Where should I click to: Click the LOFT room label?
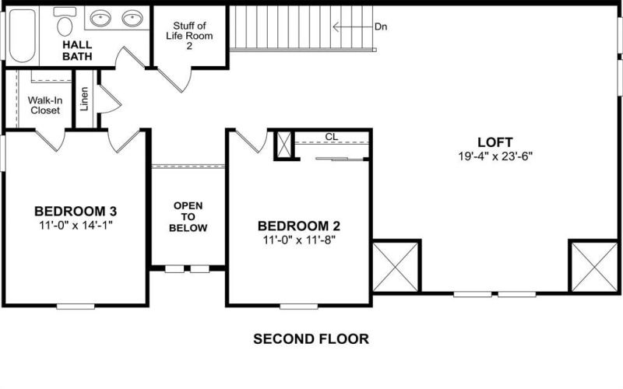495,142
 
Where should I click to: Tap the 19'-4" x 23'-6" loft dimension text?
495,156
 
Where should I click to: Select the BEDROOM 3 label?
76,212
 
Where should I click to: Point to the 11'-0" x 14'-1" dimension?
76,226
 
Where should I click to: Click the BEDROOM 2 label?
299,226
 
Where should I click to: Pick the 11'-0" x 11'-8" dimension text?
299,240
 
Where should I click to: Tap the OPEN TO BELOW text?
189,217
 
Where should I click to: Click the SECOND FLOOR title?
311,339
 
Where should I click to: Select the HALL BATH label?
77,51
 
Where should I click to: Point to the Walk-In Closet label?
44,105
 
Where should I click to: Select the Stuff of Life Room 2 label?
188,36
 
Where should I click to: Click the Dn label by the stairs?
381,26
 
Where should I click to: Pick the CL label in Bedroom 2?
331,137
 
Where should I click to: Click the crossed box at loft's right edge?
593,266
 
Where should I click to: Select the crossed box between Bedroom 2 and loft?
396,266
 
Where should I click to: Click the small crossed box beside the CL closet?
285,145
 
